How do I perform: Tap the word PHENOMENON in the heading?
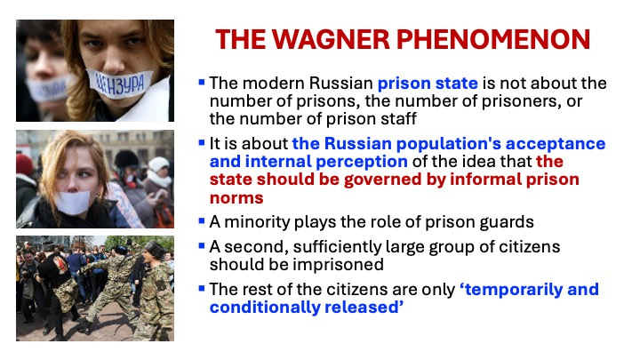[493, 40]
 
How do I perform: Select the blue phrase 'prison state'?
[428, 84]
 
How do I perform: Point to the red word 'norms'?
[236, 198]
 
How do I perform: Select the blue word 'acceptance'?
[555, 144]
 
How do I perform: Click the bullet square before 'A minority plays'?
[201, 221]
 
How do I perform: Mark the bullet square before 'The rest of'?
[201, 289]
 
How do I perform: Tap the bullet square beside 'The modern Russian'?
[201, 83]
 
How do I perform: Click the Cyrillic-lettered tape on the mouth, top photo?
[120, 84]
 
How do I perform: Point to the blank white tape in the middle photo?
[73, 203]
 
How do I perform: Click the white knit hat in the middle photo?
[159, 164]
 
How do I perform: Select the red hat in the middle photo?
[24, 164]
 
